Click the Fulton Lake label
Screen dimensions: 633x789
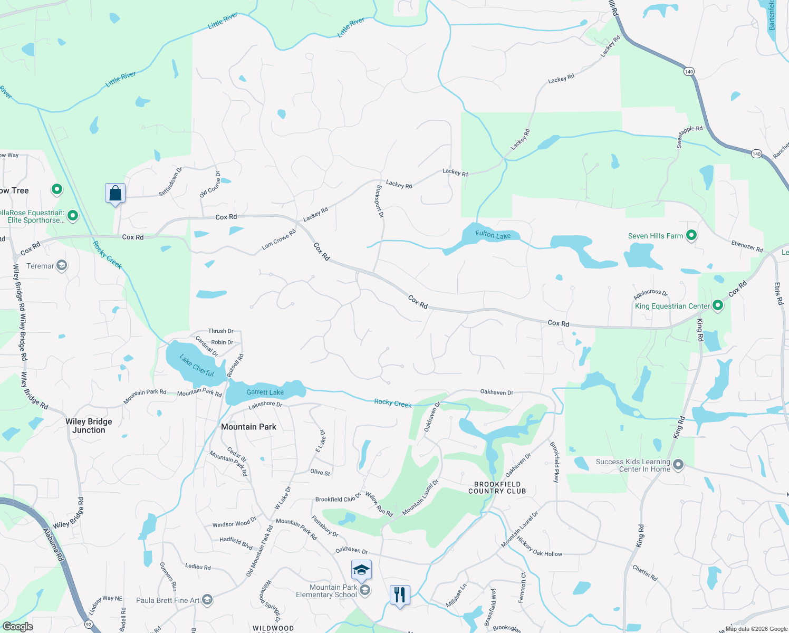[493, 235]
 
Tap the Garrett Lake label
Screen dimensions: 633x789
[265, 392]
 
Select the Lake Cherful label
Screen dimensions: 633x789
[197, 366]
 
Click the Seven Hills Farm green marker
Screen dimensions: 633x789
[691, 235]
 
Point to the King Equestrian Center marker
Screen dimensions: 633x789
[717, 305]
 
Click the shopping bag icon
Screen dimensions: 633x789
[115, 194]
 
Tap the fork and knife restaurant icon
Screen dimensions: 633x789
[400, 594]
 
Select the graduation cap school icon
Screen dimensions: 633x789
[361, 570]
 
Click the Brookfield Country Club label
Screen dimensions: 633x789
[497, 487]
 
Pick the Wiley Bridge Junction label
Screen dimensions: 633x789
[89, 426]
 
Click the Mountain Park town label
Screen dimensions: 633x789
[248, 427]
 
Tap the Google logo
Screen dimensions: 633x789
[17, 626]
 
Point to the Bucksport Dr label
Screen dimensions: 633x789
[379, 201]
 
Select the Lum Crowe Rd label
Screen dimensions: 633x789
[278, 239]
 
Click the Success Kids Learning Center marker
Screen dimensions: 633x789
[678, 465]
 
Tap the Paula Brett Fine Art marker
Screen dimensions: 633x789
[207, 600]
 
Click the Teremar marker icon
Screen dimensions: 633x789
[62, 265]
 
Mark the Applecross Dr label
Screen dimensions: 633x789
[650, 293]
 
